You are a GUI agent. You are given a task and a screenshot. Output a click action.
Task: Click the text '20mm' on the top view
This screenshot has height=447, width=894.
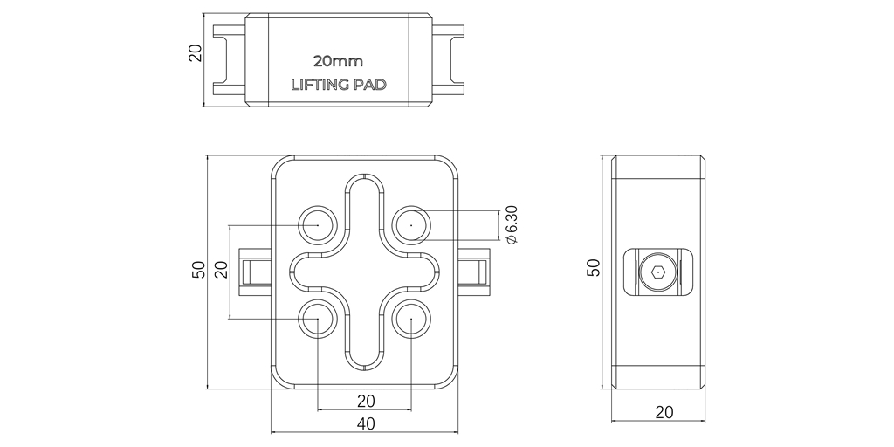point(338,62)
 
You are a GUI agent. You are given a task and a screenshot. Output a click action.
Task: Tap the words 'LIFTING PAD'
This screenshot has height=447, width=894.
point(338,86)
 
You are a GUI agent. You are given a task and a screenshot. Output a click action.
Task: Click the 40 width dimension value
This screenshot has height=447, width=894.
point(365,423)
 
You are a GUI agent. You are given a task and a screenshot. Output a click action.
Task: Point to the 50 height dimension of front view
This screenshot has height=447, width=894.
point(198,271)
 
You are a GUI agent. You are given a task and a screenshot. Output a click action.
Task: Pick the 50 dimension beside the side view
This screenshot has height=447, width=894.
point(594,267)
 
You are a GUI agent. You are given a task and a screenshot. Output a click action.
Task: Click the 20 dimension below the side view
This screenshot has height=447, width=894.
point(664,411)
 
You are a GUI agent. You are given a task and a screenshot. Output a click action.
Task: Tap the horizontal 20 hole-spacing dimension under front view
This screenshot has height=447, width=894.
point(365,401)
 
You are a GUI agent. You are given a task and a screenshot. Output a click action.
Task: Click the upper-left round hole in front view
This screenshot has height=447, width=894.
point(318,224)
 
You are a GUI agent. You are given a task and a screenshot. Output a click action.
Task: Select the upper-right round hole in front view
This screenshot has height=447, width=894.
point(410,224)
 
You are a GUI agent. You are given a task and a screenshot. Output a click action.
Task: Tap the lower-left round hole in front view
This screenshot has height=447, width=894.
point(318,320)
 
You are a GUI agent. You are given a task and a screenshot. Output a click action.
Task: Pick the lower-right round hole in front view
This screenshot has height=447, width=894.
point(410,320)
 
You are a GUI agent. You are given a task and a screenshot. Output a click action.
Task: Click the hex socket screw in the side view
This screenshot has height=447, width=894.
point(658,272)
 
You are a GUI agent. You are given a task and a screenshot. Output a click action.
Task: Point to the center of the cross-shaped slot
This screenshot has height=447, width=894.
point(364,272)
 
